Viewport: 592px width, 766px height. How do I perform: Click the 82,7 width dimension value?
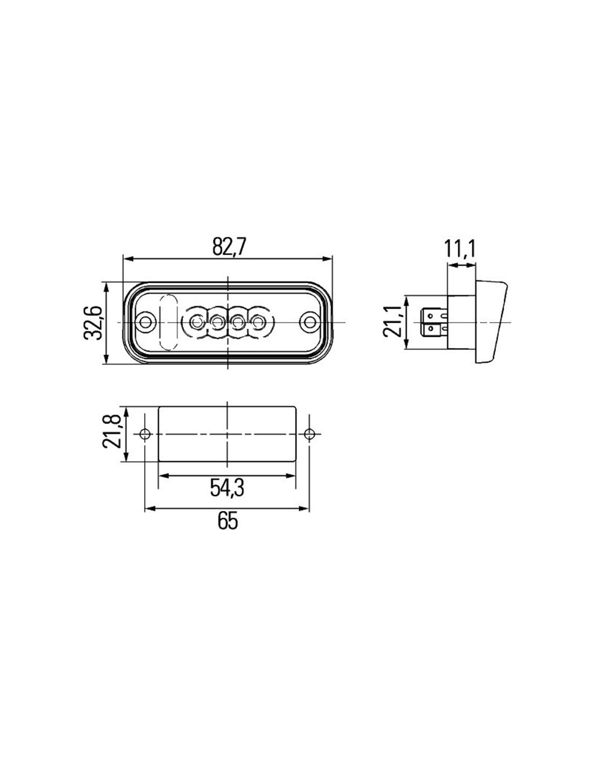[x=229, y=247]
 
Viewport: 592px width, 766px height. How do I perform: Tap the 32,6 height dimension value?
[x=93, y=323]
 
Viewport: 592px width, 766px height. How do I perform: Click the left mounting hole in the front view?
[x=145, y=322]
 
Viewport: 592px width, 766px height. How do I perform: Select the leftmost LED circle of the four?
[x=195, y=322]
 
